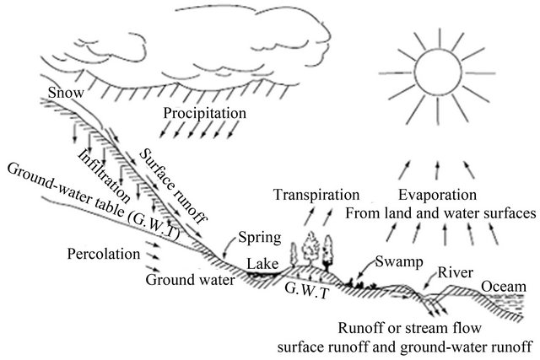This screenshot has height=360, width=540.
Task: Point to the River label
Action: click(452, 272)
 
